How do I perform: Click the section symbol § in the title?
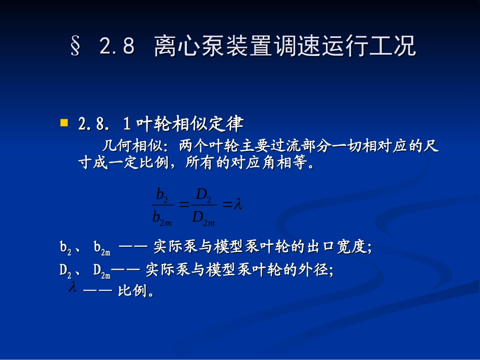pyautogui.click(x=76, y=46)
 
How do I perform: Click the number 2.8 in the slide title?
pyautogui.click(x=117, y=46)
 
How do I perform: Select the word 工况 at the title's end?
pyautogui.click(x=398, y=46)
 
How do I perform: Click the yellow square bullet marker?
pyautogui.click(x=64, y=123)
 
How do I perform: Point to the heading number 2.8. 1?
pyautogui.click(x=105, y=124)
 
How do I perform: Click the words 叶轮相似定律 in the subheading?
pyautogui.click(x=190, y=124)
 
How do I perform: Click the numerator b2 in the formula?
pyautogui.click(x=162, y=194)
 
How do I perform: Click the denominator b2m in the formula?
pyautogui.click(x=162, y=218)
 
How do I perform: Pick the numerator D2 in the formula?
pyautogui.click(x=203, y=194)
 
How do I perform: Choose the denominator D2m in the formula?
pyautogui.click(x=203, y=218)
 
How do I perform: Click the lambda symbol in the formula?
pyautogui.click(x=238, y=205)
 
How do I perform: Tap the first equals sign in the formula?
pyautogui.click(x=183, y=205)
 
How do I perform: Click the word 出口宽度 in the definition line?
pyautogui.click(x=335, y=247)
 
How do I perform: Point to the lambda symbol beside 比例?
pyautogui.click(x=72, y=288)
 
